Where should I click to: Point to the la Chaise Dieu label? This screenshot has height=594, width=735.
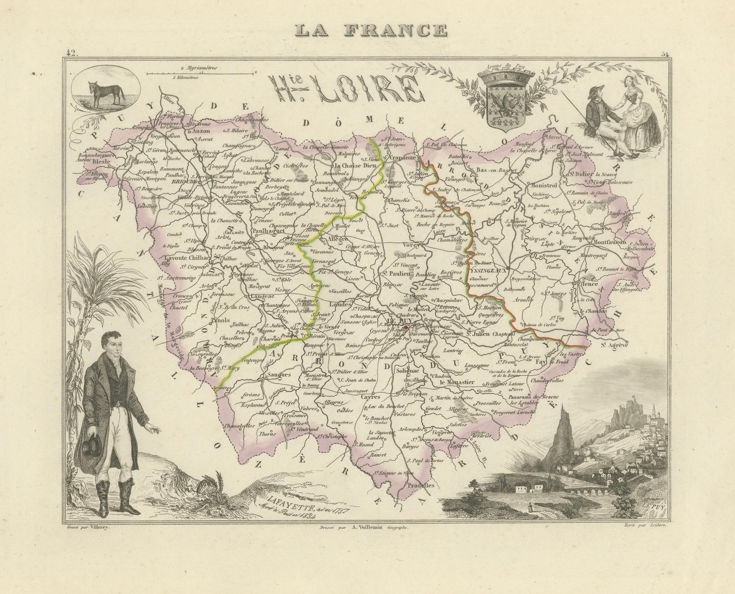pos(352,166)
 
